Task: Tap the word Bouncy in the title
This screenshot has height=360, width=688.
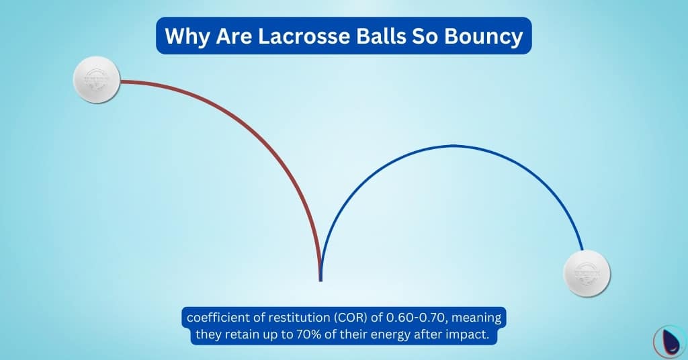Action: point(484,36)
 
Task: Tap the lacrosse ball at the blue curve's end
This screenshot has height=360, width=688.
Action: point(587,273)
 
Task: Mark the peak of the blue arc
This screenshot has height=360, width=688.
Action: point(451,145)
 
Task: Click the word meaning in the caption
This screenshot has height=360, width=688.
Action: point(476,317)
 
